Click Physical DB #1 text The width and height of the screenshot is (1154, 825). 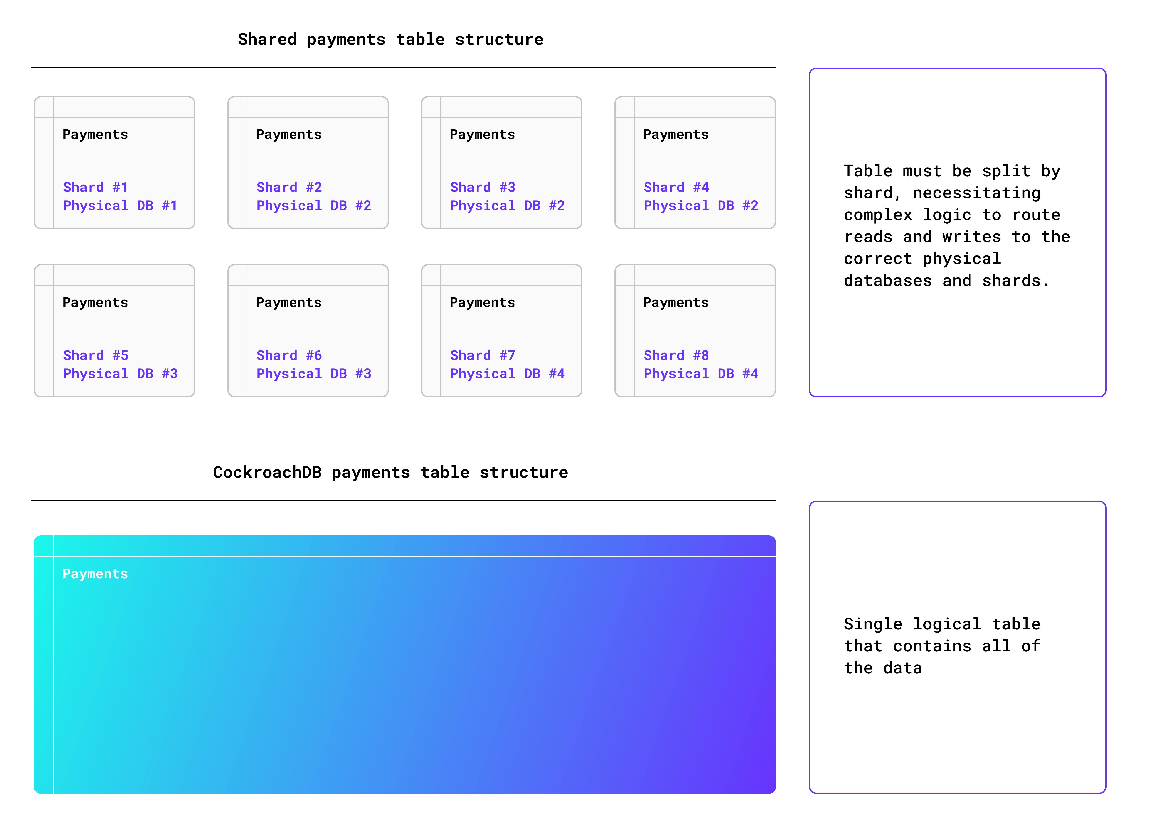click(x=120, y=206)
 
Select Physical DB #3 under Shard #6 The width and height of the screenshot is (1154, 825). click(x=314, y=374)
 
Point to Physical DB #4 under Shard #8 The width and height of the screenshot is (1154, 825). click(x=701, y=374)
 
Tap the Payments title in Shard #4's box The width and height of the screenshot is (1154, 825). click(x=676, y=135)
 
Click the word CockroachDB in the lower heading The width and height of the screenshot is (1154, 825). click(x=267, y=472)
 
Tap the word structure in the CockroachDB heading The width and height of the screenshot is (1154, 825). click(x=524, y=472)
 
